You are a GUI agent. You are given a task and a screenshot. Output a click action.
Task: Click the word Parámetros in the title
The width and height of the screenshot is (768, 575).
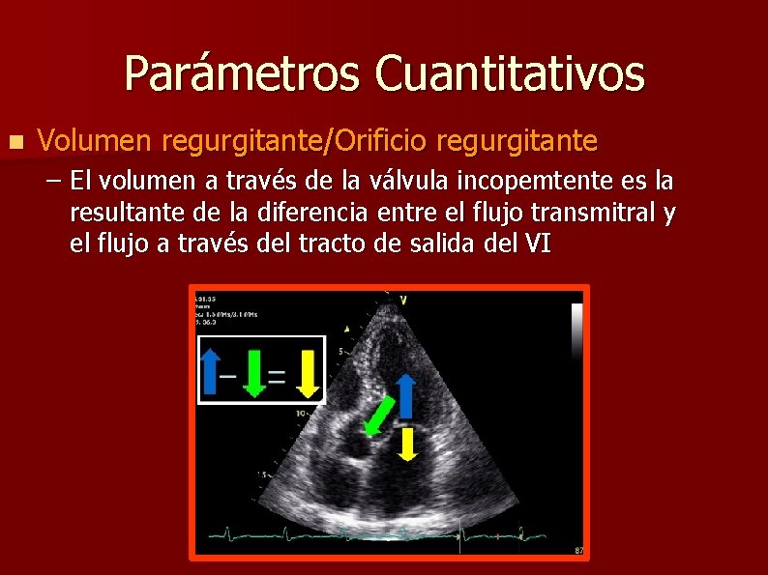[242, 73]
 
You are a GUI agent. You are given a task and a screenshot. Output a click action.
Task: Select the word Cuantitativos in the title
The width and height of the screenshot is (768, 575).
[511, 73]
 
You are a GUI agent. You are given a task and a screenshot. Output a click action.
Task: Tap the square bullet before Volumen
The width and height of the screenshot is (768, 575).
[14, 141]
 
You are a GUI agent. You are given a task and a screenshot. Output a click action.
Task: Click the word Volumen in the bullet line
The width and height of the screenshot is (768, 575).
[96, 141]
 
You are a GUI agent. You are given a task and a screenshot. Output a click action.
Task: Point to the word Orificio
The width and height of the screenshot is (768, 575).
[380, 141]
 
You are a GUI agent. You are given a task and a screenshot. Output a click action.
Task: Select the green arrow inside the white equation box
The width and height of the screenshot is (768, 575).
[253, 372]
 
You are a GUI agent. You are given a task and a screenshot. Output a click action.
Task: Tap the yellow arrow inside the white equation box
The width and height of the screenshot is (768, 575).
[307, 372]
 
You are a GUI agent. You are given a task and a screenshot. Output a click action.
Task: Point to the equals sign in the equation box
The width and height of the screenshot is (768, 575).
[278, 376]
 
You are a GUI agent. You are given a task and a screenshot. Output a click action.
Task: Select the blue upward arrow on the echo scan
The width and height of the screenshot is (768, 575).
[406, 394]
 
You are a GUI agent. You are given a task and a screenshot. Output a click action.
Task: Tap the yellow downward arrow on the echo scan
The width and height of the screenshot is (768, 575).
[407, 443]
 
